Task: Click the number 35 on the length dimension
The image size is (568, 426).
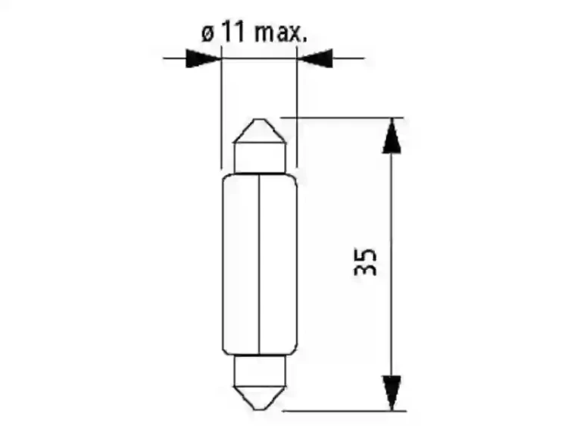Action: click(x=366, y=262)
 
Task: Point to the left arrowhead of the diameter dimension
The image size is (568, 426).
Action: click(x=202, y=58)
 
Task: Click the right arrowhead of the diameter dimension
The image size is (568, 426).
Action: click(x=314, y=58)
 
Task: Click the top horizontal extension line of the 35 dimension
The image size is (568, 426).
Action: click(x=341, y=117)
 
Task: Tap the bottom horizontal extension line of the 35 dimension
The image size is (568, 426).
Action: click(x=341, y=411)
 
